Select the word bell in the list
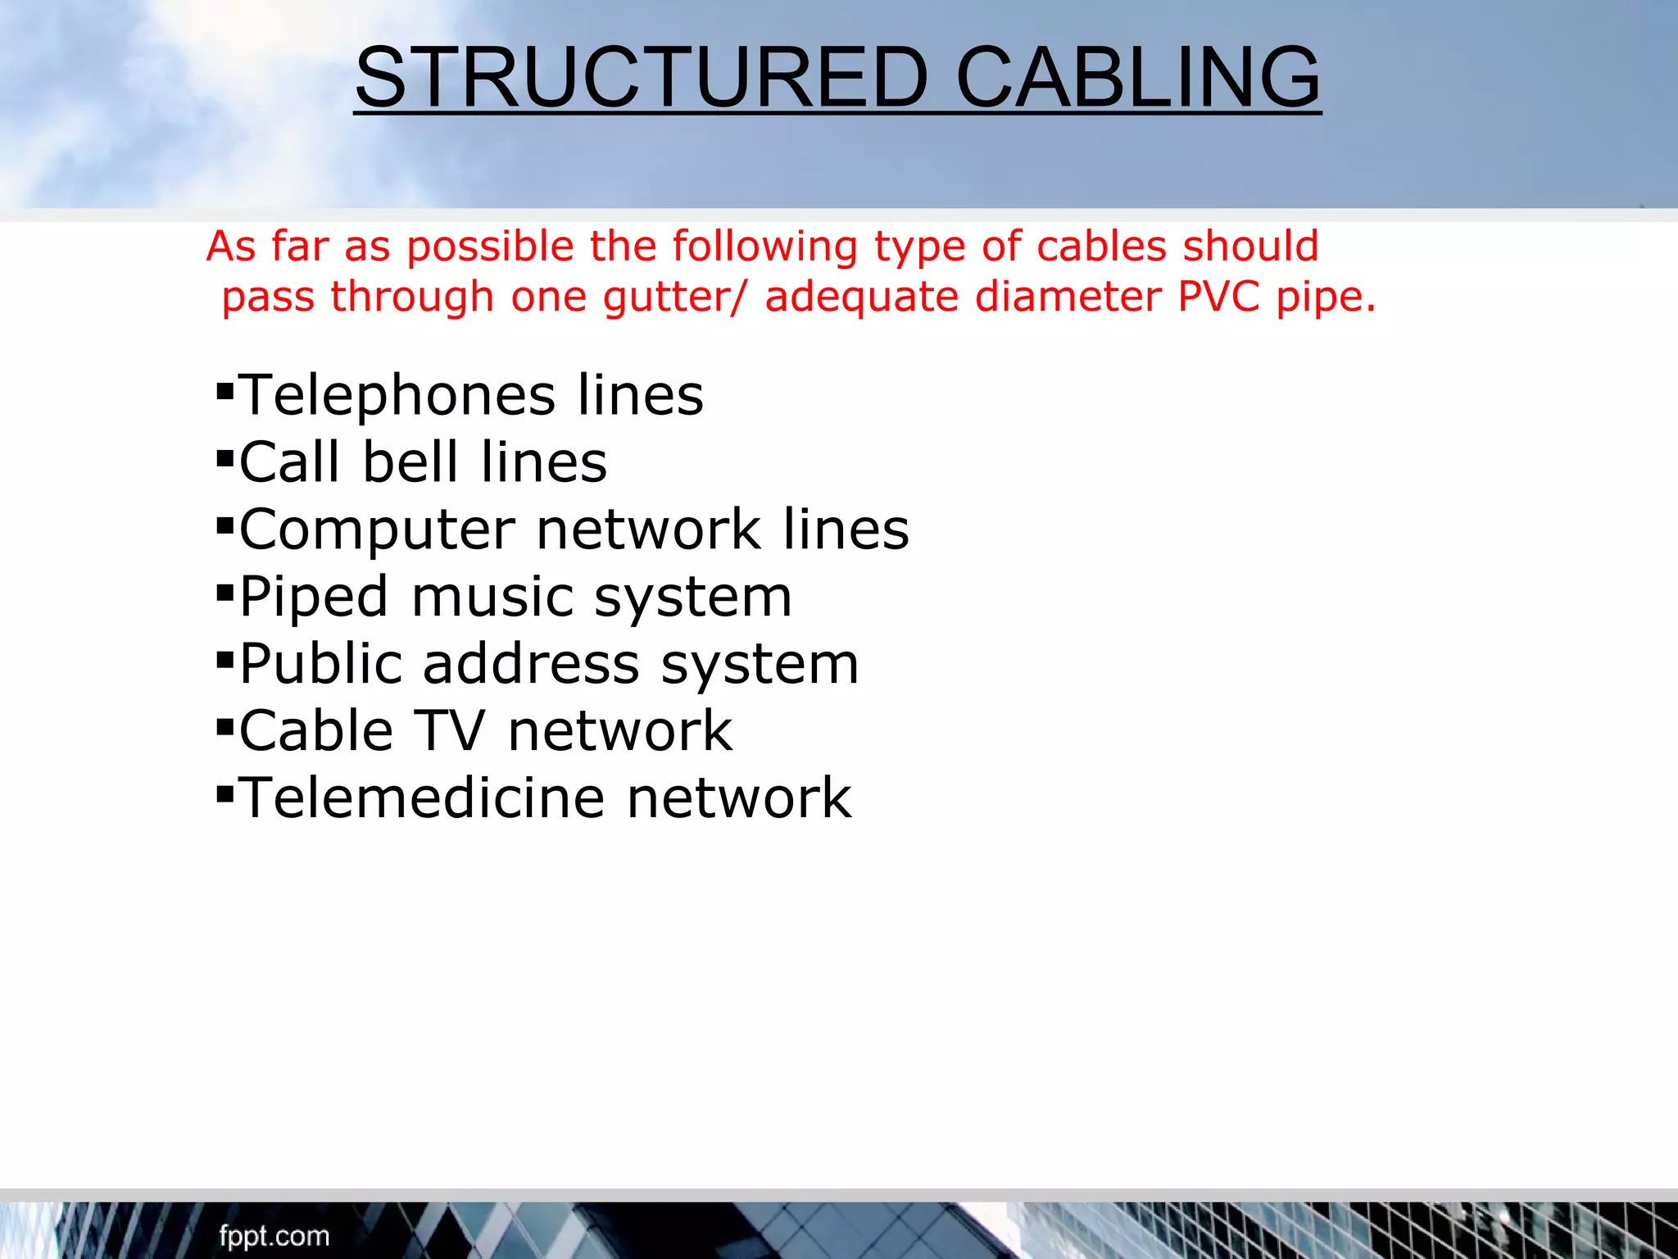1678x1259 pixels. [410, 462]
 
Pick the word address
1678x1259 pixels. [531, 664]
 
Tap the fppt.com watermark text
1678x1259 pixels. [274, 1236]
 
